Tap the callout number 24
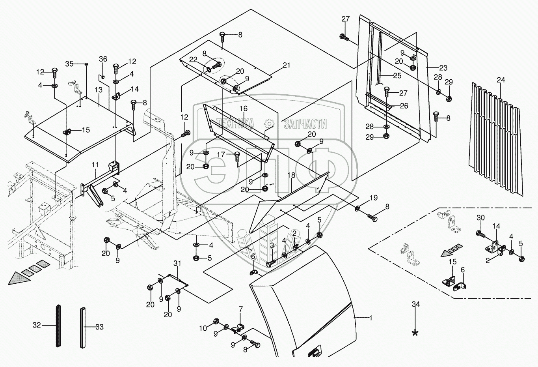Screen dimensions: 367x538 (x=501, y=80)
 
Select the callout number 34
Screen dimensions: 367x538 (x=415, y=304)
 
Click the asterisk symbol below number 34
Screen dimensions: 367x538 (x=415, y=333)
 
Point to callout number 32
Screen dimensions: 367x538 (x=37, y=326)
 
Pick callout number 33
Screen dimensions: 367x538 (x=99, y=327)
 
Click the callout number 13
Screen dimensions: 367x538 (x=98, y=90)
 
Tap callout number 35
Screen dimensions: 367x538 (x=69, y=64)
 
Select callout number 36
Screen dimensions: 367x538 (x=103, y=59)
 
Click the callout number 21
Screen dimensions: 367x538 (x=286, y=65)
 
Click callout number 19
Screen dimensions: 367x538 (x=373, y=198)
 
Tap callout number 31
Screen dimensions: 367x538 (x=177, y=263)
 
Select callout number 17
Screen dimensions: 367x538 (x=222, y=155)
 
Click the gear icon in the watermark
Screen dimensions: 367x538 (x=269, y=124)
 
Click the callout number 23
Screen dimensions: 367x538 (x=443, y=68)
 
